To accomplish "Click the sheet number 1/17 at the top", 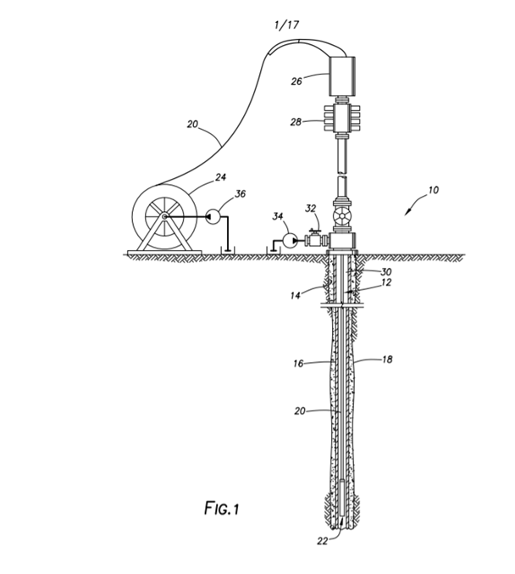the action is (287, 25).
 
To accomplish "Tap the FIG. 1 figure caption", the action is (222, 508).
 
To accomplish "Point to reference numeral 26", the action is (296, 81).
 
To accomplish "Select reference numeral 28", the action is (296, 121).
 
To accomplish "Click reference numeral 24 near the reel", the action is (220, 177).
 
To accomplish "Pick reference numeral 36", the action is (240, 193).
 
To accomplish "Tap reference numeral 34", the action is (278, 216).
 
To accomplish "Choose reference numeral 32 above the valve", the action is (311, 209).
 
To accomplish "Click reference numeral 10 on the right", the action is (434, 190).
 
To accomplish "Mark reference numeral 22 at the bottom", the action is (322, 551).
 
